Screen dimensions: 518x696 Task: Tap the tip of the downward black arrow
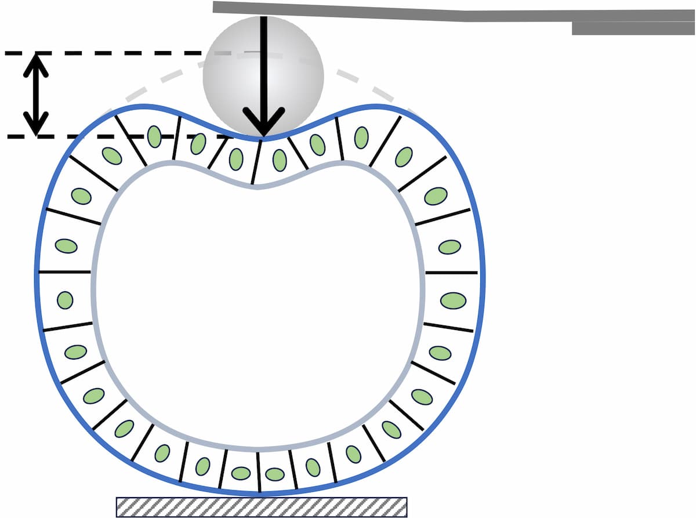tap(263, 135)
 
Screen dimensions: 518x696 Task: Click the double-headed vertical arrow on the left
tap(36, 95)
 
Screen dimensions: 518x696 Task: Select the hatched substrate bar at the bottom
tap(262, 506)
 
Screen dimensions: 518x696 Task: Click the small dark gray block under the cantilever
tap(633, 28)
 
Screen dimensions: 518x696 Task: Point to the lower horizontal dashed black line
tap(116, 137)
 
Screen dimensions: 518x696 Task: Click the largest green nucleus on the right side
tap(453, 300)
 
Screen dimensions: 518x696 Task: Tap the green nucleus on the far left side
tap(65, 300)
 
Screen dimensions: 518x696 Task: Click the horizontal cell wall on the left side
tap(64, 271)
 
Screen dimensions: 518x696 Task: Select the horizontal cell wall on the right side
tap(451, 272)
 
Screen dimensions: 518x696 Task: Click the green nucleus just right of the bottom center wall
tap(275, 474)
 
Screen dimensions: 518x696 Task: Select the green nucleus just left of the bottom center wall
tap(241, 473)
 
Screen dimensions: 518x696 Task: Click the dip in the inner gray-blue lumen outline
tap(256, 186)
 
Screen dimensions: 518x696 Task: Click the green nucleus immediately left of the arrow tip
tap(236, 159)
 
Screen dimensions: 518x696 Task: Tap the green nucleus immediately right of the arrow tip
tap(280, 160)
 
